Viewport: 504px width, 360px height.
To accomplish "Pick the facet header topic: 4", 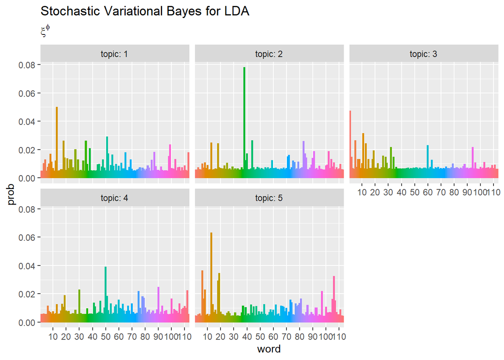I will coord(115,198).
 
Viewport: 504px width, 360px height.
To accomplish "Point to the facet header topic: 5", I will coord(269,198).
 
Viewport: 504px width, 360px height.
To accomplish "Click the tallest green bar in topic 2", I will coord(244,122).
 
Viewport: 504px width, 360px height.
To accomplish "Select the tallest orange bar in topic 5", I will coord(211,277).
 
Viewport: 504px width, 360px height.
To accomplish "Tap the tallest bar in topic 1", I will coord(57,143).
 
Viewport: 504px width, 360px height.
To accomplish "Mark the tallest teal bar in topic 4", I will coord(106,294).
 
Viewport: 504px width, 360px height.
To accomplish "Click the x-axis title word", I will coord(269,349).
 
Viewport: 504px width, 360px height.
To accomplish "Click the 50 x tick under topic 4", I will coord(106,336).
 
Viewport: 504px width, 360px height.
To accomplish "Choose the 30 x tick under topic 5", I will coord(234,336).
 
